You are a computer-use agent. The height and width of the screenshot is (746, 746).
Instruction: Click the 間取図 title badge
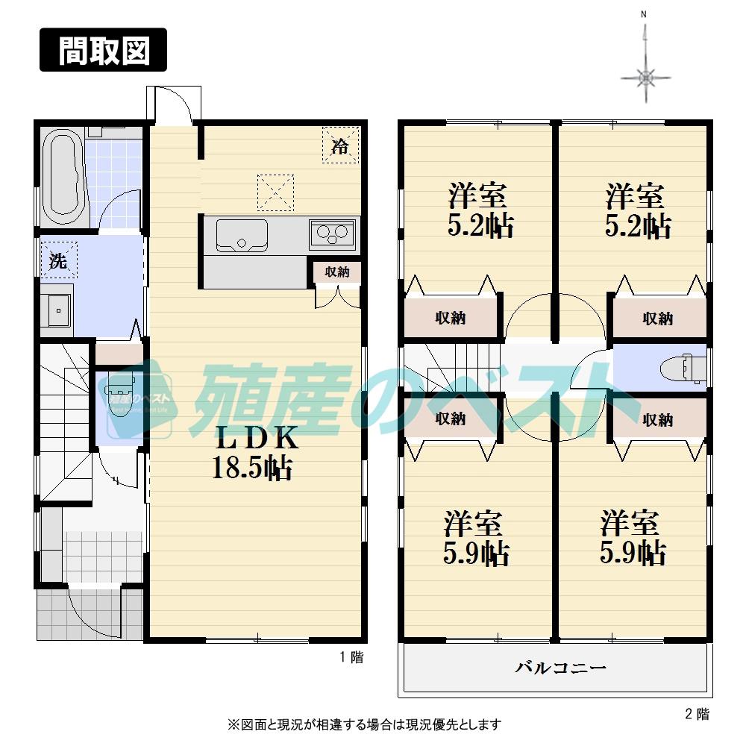point(104,50)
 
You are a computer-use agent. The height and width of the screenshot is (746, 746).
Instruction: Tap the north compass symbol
point(646,75)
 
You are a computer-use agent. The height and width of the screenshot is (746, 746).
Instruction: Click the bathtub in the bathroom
point(63,178)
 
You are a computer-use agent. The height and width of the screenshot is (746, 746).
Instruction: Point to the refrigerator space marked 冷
point(340,145)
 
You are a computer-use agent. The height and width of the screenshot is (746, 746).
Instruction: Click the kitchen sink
point(242,235)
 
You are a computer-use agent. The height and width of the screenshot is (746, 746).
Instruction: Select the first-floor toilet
point(116,392)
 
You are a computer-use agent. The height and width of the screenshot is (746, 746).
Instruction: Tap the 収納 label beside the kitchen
point(336,272)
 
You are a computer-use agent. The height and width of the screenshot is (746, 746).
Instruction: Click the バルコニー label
point(555,667)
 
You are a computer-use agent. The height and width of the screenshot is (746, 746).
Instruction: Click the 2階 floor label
point(697,714)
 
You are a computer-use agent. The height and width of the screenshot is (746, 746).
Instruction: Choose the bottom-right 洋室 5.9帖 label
point(633,538)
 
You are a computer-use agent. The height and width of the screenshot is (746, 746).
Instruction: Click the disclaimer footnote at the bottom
point(364,724)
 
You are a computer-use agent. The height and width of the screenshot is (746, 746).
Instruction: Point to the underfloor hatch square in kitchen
point(276,191)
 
